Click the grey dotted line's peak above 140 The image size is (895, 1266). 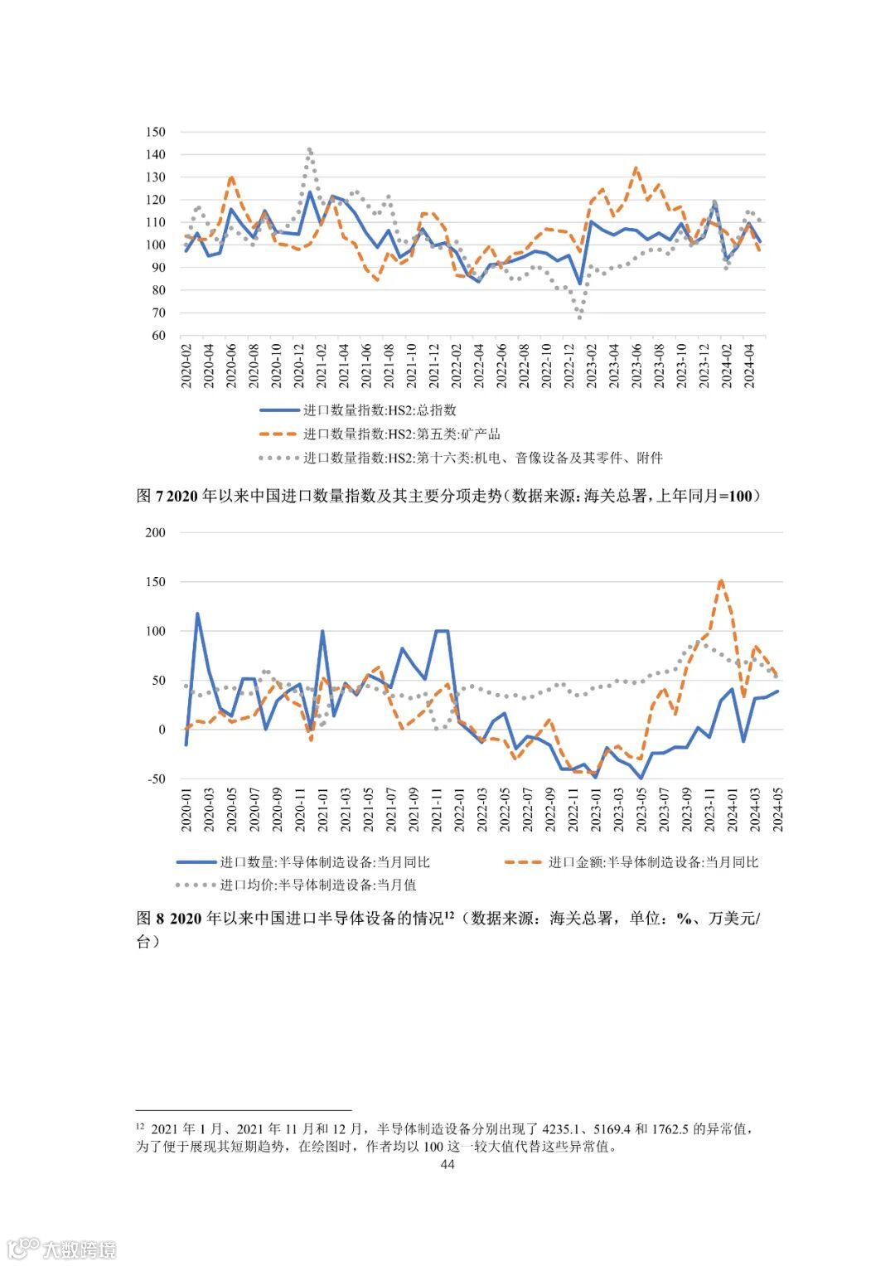click(x=309, y=149)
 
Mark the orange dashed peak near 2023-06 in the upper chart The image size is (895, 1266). click(x=636, y=168)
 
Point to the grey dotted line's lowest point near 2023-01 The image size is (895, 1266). click(x=579, y=318)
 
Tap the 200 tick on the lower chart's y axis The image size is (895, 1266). click(x=156, y=532)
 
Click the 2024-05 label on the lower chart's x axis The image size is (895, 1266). click(x=777, y=810)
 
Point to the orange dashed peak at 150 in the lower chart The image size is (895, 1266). click(x=721, y=580)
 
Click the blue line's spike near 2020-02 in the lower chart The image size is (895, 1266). click(x=197, y=614)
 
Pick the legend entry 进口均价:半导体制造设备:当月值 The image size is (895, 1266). click(x=318, y=885)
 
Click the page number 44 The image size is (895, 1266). click(x=447, y=1165)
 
